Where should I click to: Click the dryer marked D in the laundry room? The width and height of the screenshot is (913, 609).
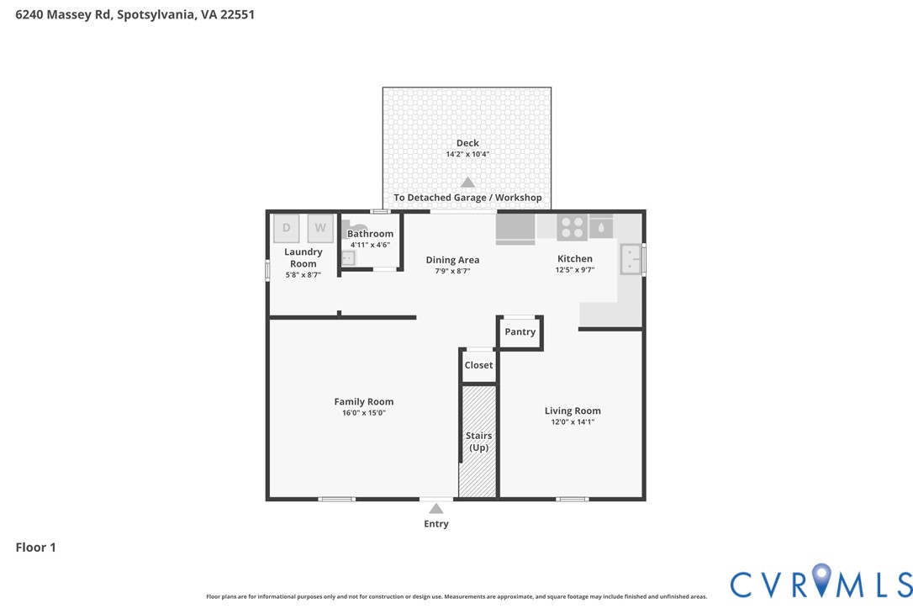(x=286, y=228)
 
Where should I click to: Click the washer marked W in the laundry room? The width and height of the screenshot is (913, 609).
(x=320, y=228)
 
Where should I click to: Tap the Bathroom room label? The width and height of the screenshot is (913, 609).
(x=370, y=234)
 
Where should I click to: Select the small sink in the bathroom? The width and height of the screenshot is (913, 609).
(x=348, y=258)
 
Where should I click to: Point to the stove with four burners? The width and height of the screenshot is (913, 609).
(x=573, y=227)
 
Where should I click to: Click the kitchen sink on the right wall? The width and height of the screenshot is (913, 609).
(x=631, y=259)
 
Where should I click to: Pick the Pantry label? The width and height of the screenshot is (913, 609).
(x=520, y=332)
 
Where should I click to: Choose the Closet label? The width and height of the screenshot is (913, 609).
(x=479, y=366)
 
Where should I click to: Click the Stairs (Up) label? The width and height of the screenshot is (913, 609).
(x=479, y=442)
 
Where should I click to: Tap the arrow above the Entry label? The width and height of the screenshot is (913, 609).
(x=435, y=509)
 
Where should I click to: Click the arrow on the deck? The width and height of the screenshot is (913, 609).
(x=467, y=183)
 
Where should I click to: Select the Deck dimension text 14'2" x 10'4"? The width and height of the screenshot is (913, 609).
(x=467, y=155)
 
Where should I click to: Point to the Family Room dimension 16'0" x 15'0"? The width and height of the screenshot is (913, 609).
(x=363, y=413)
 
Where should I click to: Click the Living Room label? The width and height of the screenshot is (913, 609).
(x=573, y=410)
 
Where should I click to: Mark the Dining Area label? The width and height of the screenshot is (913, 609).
(x=452, y=260)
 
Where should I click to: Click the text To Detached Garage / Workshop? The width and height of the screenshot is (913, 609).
(x=467, y=198)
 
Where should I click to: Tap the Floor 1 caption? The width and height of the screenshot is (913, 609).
(x=35, y=548)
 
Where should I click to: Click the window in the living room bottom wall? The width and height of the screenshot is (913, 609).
(x=572, y=500)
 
